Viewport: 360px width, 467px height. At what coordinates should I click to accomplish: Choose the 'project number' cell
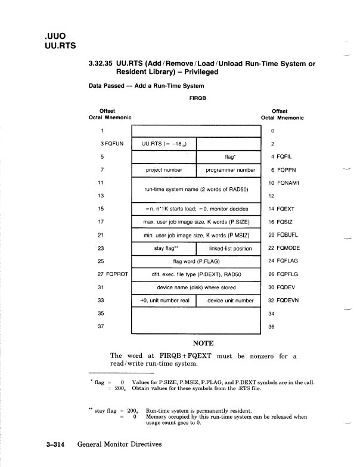coord(164,170)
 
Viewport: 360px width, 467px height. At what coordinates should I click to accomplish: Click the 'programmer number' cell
coord(229,170)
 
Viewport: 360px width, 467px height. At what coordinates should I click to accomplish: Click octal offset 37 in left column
coord(102,327)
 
